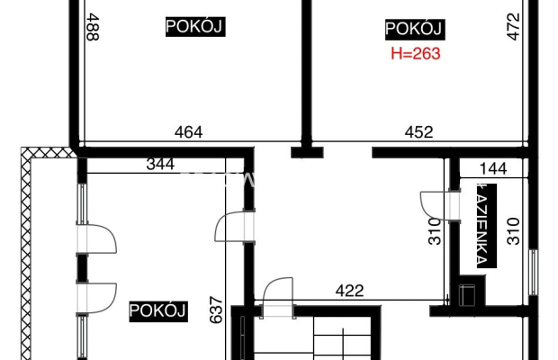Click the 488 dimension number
coord(93,27)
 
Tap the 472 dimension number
coord(513,27)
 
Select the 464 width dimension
coord(189,132)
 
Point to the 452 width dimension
coord(418,132)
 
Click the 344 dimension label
coord(160,164)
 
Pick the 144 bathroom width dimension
coord(493,168)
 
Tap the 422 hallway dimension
coord(349,291)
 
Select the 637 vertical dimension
coord(216,310)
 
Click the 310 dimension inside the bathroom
coord(513,231)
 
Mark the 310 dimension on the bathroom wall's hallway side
coord(435,231)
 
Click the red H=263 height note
coord(416,54)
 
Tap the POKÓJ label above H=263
coord(415,29)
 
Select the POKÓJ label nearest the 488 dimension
coord(195,27)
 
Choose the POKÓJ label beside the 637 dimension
coord(158,311)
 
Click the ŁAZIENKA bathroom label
coord(487,226)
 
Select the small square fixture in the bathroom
coord(467,294)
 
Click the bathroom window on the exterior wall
coord(533,272)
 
